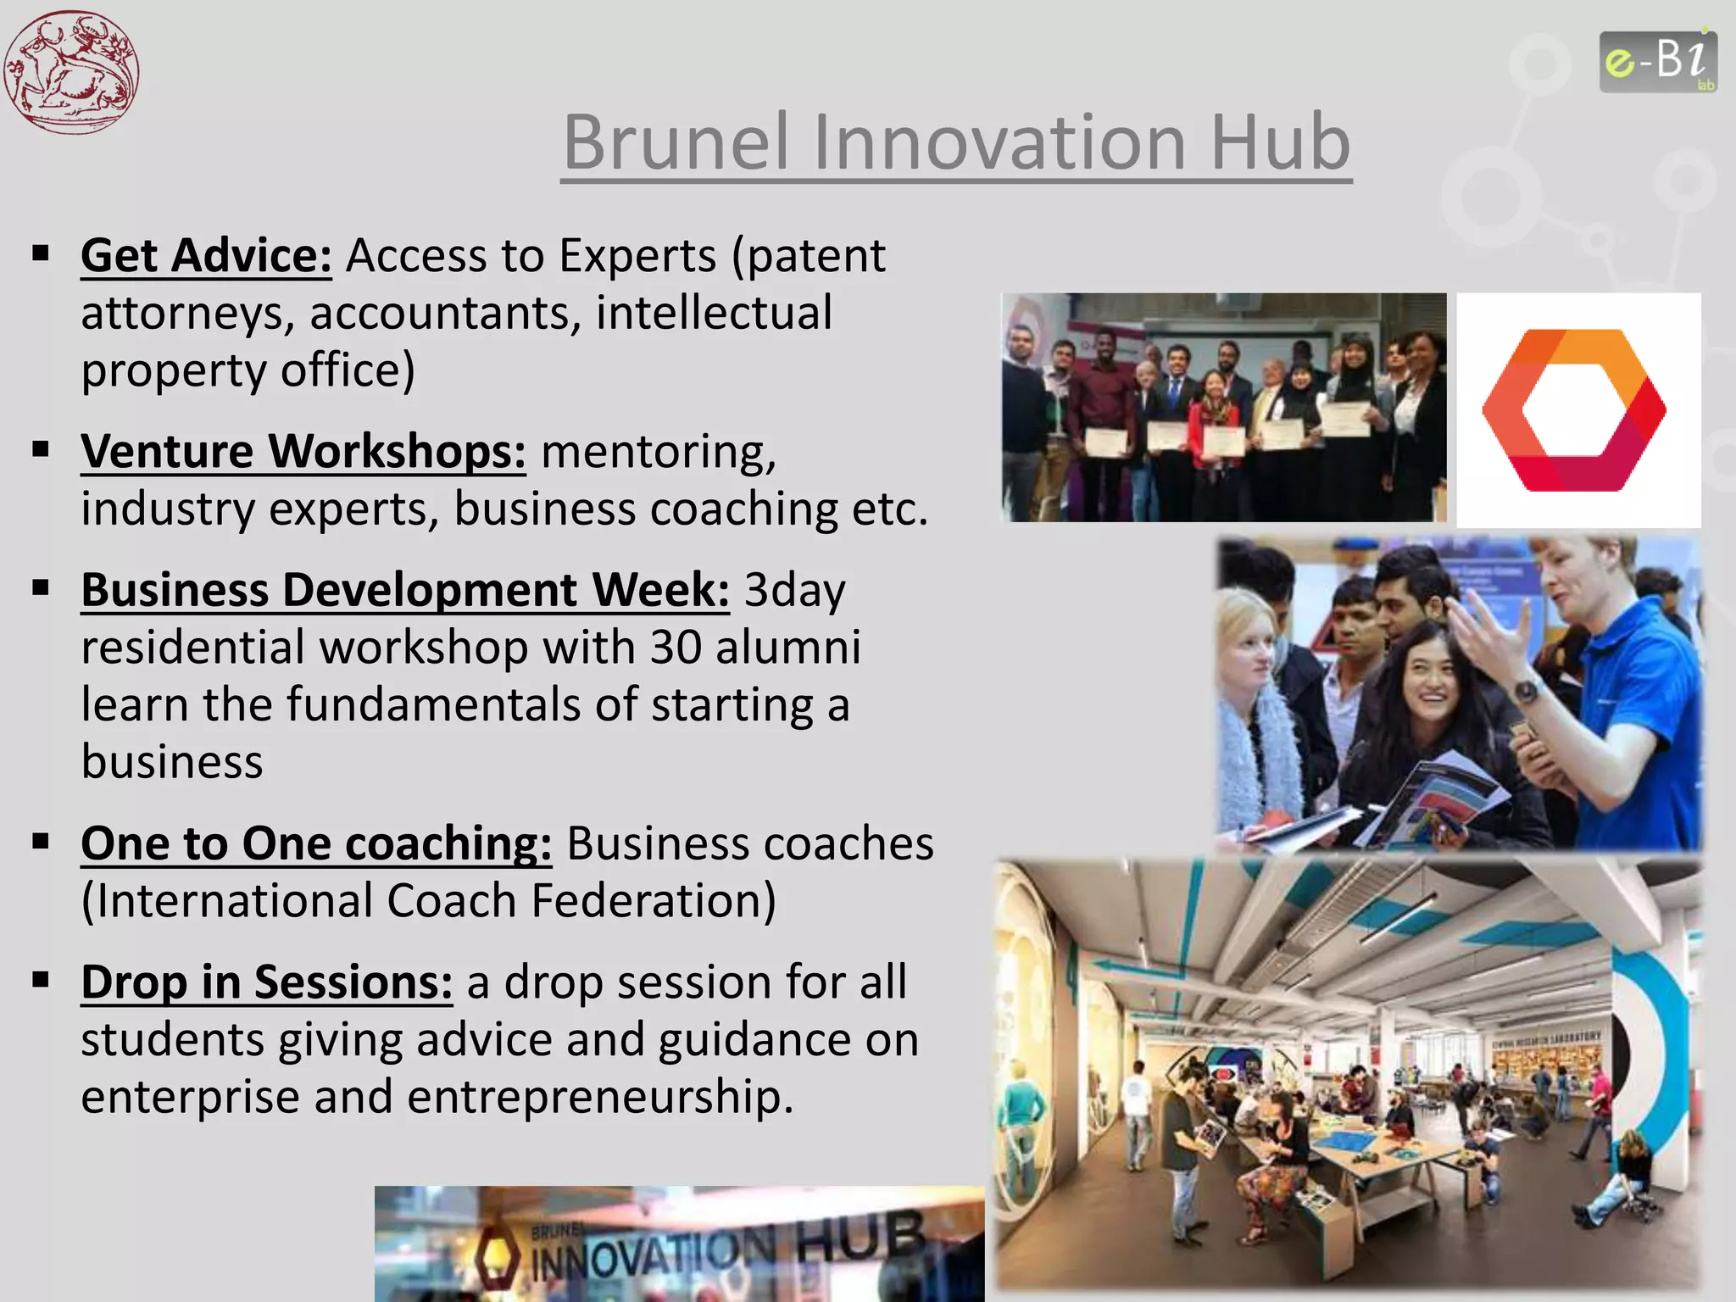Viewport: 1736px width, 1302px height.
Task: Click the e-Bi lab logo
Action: click(1657, 61)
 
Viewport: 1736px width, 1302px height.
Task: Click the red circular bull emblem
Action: click(71, 71)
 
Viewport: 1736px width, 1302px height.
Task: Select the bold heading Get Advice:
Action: click(206, 255)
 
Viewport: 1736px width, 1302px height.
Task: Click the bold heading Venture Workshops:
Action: click(303, 451)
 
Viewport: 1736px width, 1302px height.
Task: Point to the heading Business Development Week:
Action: click(404, 590)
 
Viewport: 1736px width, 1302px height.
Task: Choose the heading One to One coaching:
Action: click(315, 843)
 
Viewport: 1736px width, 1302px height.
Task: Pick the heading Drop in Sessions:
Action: click(266, 982)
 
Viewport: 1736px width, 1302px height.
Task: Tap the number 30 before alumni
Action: click(676, 648)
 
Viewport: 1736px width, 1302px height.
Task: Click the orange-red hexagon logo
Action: click(1574, 410)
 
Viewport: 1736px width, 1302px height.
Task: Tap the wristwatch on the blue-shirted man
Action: click(1525, 691)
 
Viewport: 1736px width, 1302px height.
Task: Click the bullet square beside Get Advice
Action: click(41, 253)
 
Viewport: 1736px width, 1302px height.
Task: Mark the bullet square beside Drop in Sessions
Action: click(41, 980)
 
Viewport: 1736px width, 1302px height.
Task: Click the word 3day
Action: click(794, 590)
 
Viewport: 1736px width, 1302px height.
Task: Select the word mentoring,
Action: click(658, 451)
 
